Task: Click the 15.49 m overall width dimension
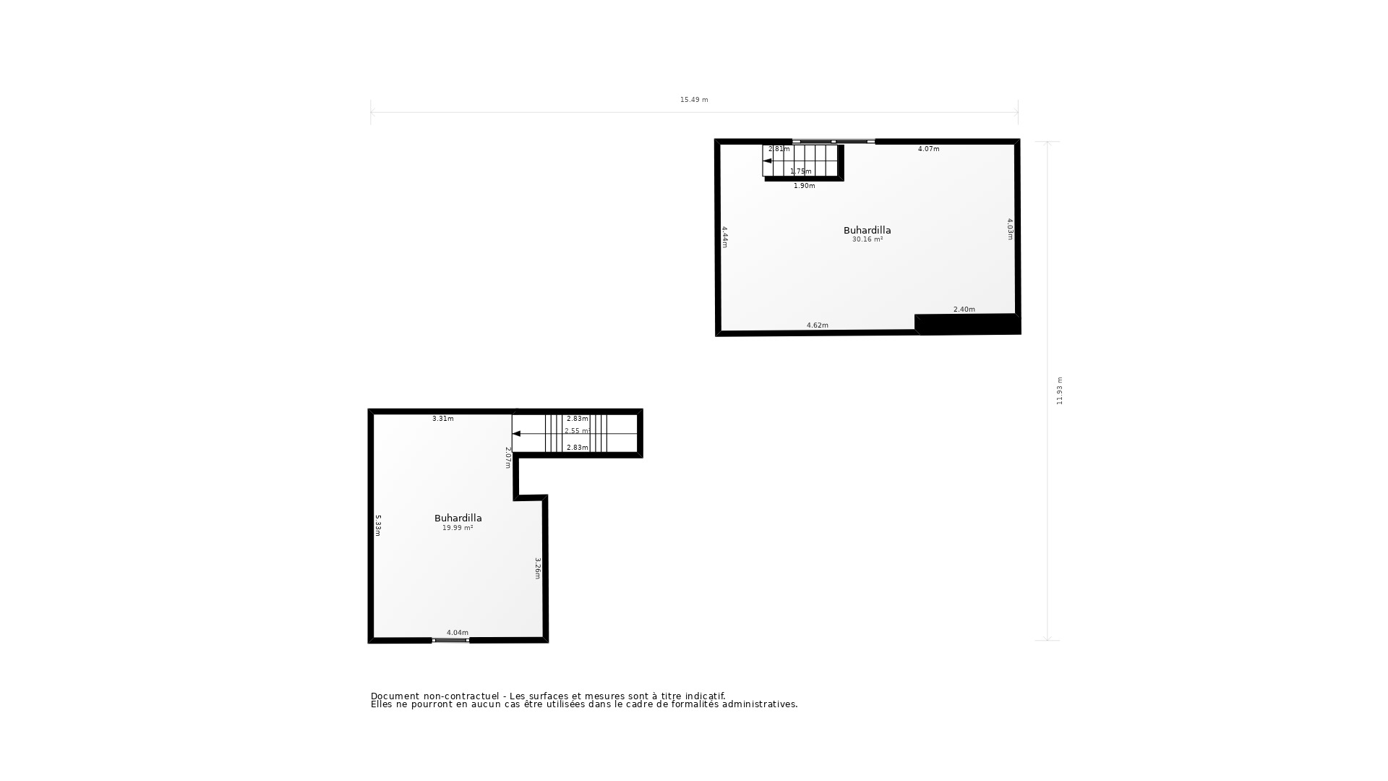(x=694, y=100)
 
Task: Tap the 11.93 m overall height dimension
(x=1060, y=390)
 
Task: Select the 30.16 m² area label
(x=867, y=239)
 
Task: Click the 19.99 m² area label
(x=458, y=528)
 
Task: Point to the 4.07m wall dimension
(x=929, y=149)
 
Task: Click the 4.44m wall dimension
(x=724, y=237)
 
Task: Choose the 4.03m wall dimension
(x=1010, y=229)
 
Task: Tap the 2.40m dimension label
(x=964, y=310)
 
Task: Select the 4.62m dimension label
(x=818, y=325)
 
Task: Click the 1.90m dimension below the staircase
(x=805, y=186)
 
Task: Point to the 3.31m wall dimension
(x=443, y=419)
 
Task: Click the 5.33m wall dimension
(x=377, y=526)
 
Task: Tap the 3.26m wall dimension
(x=537, y=568)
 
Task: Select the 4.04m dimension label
(x=458, y=633)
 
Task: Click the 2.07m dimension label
(x=507, y=458)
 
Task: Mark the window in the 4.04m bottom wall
(x=450, y=640)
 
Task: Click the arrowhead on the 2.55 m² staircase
(x=516, y=434)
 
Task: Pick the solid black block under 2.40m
(x=967, y=324)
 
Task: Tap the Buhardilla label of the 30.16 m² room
(x=867, y=231)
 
